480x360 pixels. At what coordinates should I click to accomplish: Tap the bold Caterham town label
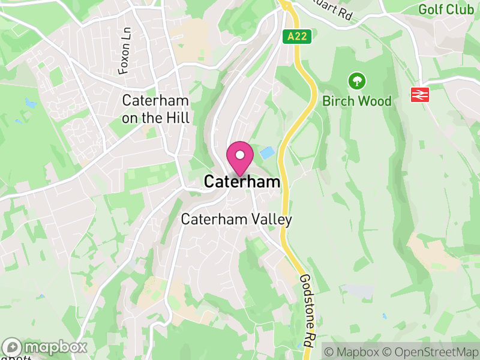(x=242, y=182)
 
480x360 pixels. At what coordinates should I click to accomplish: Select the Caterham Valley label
(x=236, y=220)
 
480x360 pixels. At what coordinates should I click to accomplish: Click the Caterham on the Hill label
(x=155, y=109)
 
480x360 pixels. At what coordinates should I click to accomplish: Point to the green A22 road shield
(x=297, y=37)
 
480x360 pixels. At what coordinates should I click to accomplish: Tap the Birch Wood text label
(x=357, y=101)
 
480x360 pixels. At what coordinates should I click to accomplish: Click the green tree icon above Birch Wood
(x=357, y=80)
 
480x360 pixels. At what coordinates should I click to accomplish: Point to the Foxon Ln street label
(x=125, y=56)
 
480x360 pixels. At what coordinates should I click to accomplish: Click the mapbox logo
(x=45, y=347)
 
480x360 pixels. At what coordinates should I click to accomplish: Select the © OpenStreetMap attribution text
(x=430, y=351)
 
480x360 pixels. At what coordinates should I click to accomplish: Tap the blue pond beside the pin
(x=266, y=152)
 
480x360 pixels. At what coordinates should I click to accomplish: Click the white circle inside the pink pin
(x=240, y=155)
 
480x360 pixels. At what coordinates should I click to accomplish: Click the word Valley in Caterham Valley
(x=271, y=220)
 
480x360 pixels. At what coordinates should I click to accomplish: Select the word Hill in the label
(x=178, y=118)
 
